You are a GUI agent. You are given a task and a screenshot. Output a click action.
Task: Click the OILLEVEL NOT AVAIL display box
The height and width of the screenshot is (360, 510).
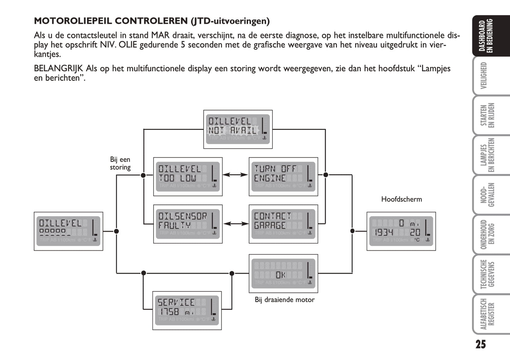tap(238, 129)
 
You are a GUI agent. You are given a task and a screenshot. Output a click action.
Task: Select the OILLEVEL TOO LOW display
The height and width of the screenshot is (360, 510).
tap(188, 176)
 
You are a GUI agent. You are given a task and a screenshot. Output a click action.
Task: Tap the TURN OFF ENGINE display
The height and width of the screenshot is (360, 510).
tap(283, 176)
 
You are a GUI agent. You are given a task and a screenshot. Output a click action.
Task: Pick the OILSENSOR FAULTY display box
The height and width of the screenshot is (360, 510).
tap(188, 224)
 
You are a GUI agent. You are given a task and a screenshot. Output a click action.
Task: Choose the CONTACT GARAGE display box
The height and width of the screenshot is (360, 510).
tap(283, 224)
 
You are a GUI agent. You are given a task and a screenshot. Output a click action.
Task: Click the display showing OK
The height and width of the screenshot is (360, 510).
tap(283, 274)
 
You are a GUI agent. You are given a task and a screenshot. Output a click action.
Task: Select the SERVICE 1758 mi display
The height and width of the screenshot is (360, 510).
tap(187, 310)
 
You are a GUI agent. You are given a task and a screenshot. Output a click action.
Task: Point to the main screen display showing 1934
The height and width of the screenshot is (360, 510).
tap(401, 231)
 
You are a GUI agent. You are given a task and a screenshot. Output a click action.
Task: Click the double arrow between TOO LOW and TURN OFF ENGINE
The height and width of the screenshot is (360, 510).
tap(235, 174)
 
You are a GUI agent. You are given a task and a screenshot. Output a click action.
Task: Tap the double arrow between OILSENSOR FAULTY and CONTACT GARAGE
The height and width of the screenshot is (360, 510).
tap(235, 223)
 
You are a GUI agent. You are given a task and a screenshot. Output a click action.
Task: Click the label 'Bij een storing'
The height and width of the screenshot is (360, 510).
tap(120, 163)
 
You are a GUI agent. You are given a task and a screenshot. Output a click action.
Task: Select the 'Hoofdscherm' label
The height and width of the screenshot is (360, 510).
tap(401, 199)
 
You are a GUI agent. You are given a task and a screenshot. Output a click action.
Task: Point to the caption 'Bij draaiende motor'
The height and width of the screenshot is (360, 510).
tap(284, 300)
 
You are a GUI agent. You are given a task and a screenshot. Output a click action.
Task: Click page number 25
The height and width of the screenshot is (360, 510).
tap(480, 344)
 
